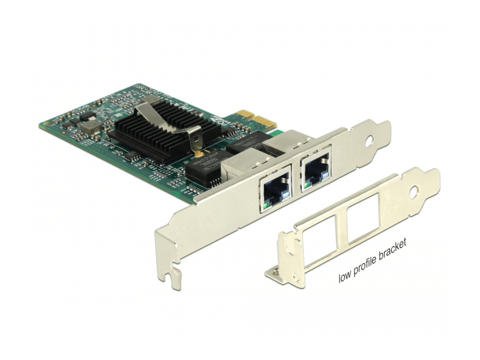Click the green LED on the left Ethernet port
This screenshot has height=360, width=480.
tap(265, 209)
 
